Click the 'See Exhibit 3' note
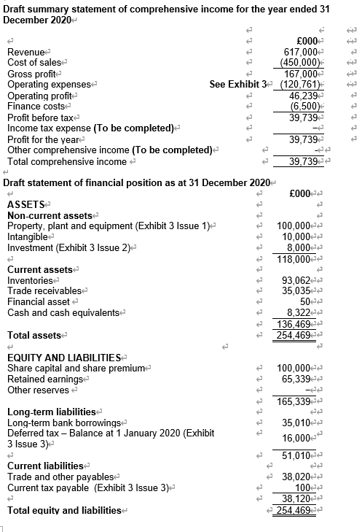[x=238, y=85]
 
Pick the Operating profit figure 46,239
[x=302, y=96]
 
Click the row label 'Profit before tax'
[x=41, y=117]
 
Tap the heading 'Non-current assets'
[x=50, y=215]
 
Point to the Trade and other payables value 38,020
[x=299, y=477]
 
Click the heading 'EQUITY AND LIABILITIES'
[x=63, y=358]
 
